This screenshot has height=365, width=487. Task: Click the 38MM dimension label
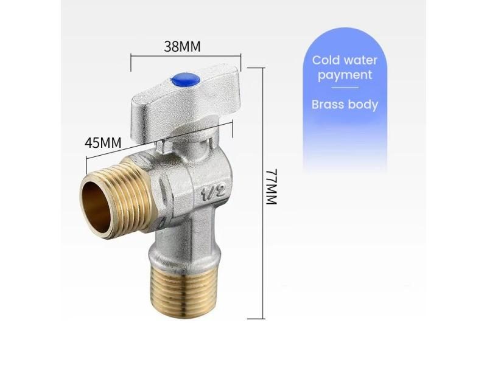click(x=183, y=46)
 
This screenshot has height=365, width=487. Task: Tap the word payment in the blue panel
click(x=345, y=75)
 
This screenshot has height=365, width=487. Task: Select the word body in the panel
click(x=363, y=104)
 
